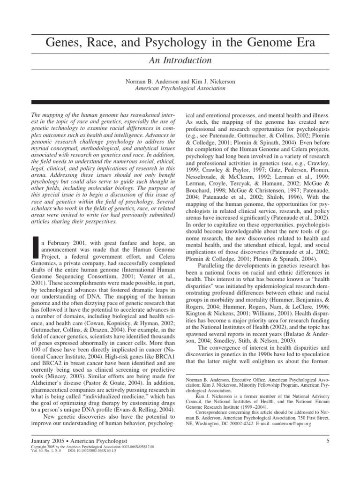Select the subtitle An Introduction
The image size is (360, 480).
[x=180, y=60]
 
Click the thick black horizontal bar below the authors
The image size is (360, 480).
[x=180, y=102]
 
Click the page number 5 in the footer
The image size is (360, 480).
[x=327, y=440]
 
